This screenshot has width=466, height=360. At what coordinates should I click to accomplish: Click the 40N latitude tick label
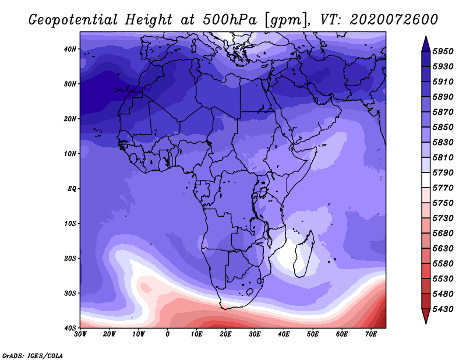tap(70, 49)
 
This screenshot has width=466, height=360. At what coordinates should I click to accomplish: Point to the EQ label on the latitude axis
tap(72, 189)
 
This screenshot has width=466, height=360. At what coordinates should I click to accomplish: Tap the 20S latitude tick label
tap(70, 258)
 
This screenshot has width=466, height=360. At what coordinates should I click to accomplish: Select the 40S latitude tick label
tap(70, 328)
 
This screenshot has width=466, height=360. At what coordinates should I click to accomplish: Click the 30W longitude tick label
tap(80, 334)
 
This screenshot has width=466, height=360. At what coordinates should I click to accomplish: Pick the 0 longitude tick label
tap(168, 334)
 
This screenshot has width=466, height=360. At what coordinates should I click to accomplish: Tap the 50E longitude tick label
tap(313, 334)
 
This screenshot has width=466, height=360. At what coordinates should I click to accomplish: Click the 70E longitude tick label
tap(371, 334)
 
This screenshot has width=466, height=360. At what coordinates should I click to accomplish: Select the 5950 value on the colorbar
tap(443, 51)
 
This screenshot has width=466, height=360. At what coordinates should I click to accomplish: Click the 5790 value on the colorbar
tap(443, 172)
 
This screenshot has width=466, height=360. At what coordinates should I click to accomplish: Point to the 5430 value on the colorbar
tap(443, 309)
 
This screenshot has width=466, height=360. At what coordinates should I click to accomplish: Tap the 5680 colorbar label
tap(443, 234)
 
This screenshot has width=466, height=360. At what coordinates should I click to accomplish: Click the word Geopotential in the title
tap(73, 20)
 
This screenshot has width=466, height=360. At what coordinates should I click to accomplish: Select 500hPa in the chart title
tap(230, 20)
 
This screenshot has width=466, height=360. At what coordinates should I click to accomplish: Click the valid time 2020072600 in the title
tap(394, 20)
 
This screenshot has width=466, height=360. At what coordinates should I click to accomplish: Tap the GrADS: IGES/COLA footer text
tap(33, 355)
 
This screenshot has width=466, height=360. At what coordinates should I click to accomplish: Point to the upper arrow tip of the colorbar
tap(426, 37)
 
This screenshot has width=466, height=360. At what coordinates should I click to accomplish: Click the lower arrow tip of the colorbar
tap(426, 323)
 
